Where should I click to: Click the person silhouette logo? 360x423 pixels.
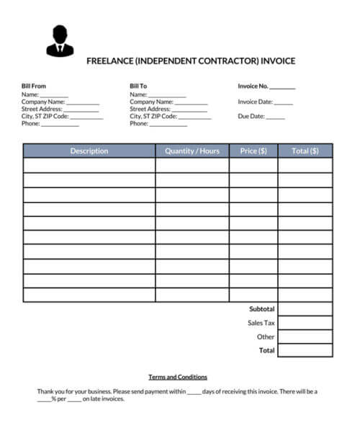(x=60, y=41)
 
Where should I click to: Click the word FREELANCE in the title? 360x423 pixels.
(x=107, y=61)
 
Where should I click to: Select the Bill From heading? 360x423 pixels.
(x=34, y=86)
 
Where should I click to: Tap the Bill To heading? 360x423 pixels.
(x=138, y=86)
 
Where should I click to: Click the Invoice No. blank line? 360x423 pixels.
(x=283, y=87)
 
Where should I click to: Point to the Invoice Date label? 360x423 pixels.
(x=255, y=102)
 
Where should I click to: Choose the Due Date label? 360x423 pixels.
(x=251, y=116)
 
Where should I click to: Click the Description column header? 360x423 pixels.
(x=89, y=151)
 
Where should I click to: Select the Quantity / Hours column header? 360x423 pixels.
(x=192, y=151)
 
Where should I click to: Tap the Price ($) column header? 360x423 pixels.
(x=253, y=151)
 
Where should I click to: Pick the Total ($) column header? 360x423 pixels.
(x=305, y=151)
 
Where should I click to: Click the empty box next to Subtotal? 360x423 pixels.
(x=305, y=309)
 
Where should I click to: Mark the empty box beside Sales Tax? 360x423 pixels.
(x=305, y=323)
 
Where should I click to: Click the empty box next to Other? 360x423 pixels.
(x=305, y=337)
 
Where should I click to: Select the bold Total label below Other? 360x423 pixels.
(x=266, y=350)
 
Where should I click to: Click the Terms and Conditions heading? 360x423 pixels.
(x=178, y=377)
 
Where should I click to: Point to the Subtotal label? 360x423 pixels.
(x=262, y=309)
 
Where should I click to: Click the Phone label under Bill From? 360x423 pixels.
(x=30, y=123)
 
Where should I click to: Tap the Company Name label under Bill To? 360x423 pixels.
(x=151, y=102)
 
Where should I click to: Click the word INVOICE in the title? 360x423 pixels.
(x=278, y=61)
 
